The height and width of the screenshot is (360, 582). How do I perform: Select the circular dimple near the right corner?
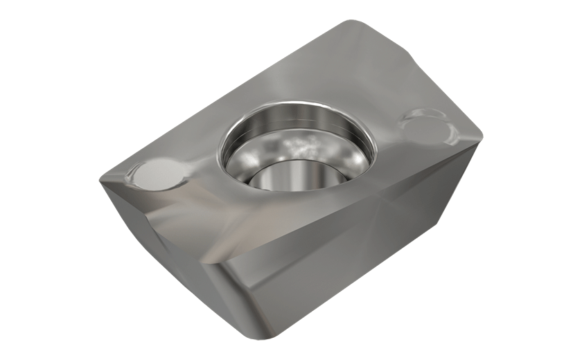click(x=425, y=125)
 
